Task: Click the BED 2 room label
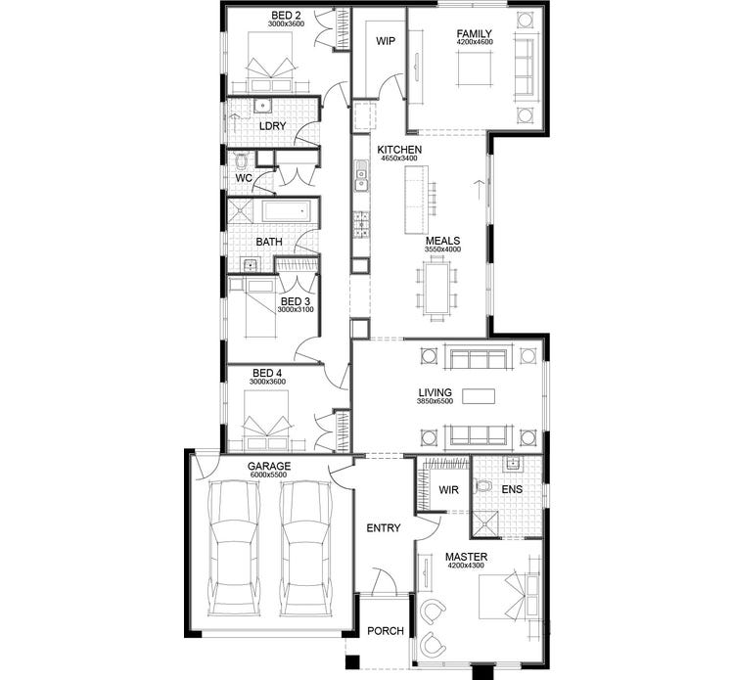[286, 16]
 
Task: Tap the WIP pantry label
[385, 42]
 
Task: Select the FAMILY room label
[474, 34]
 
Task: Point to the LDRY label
[271, 126]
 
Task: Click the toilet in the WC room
[241, 159]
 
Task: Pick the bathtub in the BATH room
[285, 211]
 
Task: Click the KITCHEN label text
[399, 149]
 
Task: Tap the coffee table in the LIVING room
[480, 396]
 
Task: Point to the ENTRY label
[384, 528]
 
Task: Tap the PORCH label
[386, 631]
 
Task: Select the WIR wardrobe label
[449, 489]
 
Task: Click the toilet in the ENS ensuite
[482, 486]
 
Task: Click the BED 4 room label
[268, 373]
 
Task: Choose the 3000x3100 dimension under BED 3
[295, 310]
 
